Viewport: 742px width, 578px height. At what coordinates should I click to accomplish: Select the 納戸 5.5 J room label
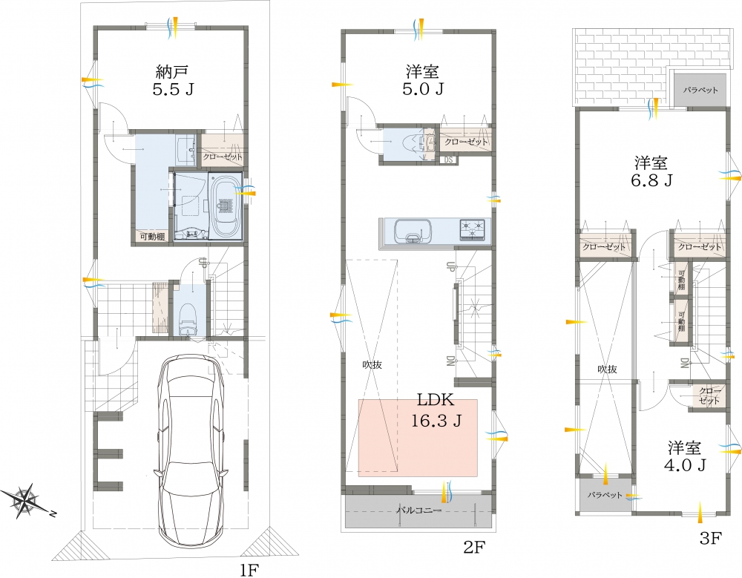click(173, 80)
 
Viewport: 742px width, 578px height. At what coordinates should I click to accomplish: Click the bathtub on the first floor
click(225, 206)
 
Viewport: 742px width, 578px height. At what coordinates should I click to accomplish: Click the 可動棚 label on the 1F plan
click(152, 237)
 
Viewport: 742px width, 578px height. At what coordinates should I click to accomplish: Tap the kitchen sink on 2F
click(413, 231)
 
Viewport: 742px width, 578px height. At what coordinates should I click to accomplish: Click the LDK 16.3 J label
click(436, 410)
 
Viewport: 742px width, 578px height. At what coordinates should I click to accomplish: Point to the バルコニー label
click(418, 510)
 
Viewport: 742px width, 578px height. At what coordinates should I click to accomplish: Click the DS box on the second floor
click(449, 160)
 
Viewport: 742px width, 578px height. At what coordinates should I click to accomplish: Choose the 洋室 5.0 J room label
click(423, 80)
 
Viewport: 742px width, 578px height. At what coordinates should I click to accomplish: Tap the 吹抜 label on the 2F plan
click(372, 365)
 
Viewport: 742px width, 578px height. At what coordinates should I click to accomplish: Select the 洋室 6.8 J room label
click(651, 171)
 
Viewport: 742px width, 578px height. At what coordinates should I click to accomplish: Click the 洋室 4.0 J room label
click(685, 456)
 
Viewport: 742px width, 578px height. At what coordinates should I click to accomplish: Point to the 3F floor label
click(711, 538)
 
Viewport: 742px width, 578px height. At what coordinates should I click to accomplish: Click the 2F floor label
click(474, 548)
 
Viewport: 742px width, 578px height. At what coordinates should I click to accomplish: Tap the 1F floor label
click(249, 570)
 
